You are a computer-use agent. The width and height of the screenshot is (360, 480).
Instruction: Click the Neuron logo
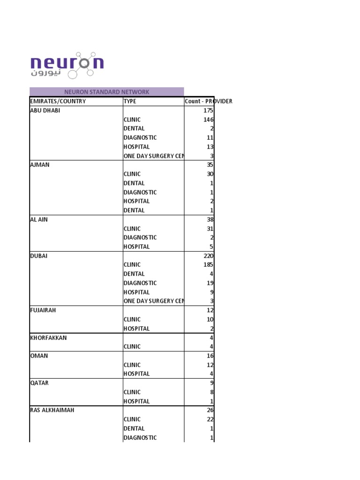point(67,65)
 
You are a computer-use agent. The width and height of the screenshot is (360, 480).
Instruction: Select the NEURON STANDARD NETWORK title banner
point(106,92)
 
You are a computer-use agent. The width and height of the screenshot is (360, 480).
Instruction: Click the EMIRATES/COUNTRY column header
point(58,101)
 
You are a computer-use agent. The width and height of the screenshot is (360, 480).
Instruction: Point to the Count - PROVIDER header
point(208,101)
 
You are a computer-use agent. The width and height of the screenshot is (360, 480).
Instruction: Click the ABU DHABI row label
point(45,111)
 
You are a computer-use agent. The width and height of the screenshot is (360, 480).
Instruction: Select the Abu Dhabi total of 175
point(208,111)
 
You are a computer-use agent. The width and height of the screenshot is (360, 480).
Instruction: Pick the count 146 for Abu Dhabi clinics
point(208,120)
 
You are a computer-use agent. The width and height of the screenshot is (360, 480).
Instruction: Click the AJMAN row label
point(40,165)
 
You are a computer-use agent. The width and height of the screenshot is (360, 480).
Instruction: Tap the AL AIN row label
point(39,219)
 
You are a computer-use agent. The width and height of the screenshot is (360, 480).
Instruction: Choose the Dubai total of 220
point(208,256)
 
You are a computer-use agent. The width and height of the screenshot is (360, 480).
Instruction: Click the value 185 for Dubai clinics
point(208,265)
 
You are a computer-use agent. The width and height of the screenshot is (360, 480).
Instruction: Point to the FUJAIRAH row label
point(43,310)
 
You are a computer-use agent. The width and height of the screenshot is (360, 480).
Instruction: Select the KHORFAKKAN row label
point(48,337)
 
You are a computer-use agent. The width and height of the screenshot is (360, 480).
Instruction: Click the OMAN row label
point(39,356)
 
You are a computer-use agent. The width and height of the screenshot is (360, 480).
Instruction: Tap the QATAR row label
point(39,383)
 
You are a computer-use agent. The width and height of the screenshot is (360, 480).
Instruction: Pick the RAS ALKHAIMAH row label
point(52,410)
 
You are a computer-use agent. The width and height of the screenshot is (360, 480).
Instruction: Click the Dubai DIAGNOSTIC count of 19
point(210,283)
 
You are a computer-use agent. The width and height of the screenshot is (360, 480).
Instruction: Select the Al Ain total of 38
point(210,219)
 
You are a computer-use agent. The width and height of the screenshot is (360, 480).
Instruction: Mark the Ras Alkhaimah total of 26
point(210,410)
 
